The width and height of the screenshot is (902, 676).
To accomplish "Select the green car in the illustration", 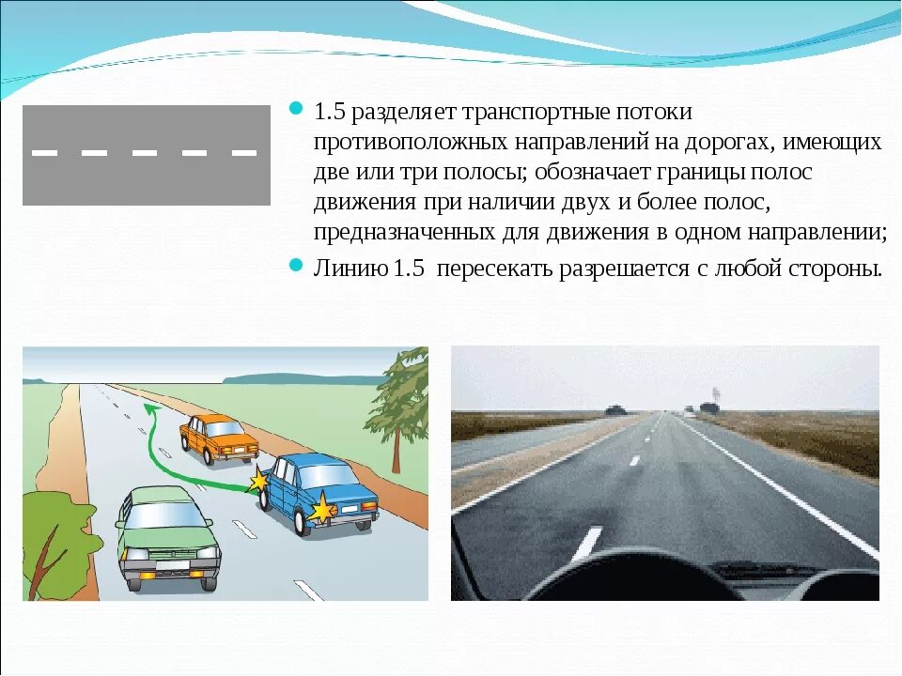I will (x=169, y=535).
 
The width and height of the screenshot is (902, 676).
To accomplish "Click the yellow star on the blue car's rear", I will (x=322, y=511).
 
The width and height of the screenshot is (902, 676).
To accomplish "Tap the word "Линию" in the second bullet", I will (x=350, y=269).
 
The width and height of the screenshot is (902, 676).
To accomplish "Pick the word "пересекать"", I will (x=495, y=269).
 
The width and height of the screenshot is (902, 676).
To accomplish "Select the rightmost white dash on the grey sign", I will (x=244, y=151).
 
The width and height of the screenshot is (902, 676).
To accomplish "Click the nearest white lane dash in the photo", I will (x=586, y=543).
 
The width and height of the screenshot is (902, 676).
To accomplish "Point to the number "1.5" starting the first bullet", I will (x=330, y=113).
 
